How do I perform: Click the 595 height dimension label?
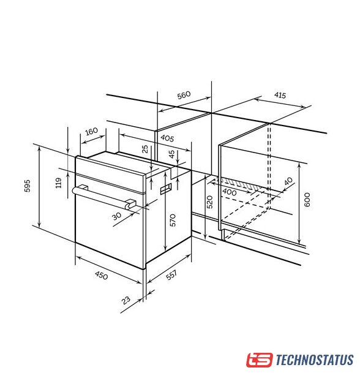click(x=27, y=186)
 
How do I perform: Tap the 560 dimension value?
click(x=184, y=95)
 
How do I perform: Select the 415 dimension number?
click(x=280, y=96)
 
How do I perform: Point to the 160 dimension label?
click(x=91, y=131)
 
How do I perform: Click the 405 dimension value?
click(x=167, y=138)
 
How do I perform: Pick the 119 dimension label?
click(x=58, y=183)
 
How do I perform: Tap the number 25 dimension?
click(x=145, y=149)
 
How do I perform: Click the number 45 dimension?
click(x=172, y=154)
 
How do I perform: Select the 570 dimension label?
click(x=173, y=221)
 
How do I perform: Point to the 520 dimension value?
click(x=210, y=202)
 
